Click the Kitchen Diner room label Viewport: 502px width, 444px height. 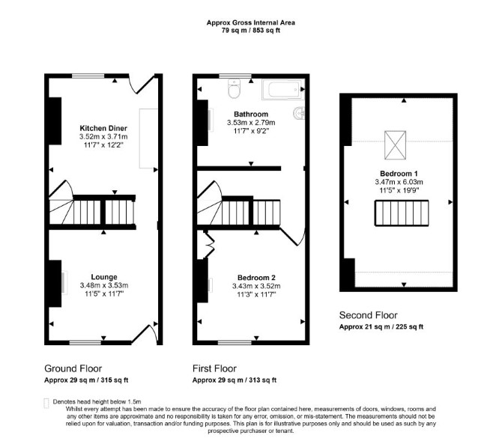[103, 128]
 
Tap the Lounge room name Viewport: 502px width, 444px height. [104, 277]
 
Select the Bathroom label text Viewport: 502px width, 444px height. [251, 115]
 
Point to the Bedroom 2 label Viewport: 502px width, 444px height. [256, 278]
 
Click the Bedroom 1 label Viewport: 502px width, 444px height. [399, 174]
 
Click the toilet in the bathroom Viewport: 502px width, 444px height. [234, 88]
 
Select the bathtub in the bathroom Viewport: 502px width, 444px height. [282, 89]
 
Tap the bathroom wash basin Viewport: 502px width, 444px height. [299, 113]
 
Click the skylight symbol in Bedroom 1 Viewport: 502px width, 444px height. [395, 145]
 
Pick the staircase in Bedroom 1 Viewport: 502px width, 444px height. [402, 213]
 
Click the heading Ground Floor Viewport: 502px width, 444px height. [73, 368]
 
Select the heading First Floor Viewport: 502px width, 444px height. [214, 368]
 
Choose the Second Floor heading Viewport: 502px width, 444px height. [368, 315]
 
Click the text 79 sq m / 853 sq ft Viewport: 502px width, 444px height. [251, 31]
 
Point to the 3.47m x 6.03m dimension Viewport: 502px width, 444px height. [399, 182]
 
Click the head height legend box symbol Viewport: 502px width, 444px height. [46, 403]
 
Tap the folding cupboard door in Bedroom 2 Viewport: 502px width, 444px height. [209, 244]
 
